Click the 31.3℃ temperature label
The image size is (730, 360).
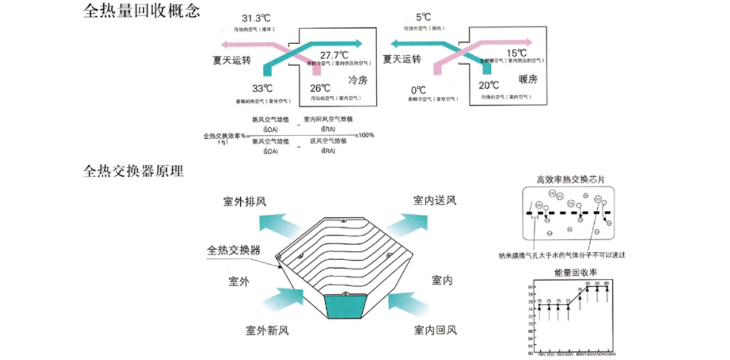tap(256, 19)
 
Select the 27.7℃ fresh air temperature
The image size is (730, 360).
tap(332, 55)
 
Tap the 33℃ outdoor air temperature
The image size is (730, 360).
tap(262, 89)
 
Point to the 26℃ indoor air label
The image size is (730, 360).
tap(320, 88)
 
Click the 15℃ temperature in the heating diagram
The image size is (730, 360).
tap(516, 53)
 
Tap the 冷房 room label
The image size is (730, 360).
tap(357, 80)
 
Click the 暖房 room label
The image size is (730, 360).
tap(527, 79)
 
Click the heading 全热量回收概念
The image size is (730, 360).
tap(142, 12)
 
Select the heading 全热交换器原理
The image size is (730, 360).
tap(133, 171)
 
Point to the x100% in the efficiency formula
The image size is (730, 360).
tap(364, 135)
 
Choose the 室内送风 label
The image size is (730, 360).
tap(435, 200)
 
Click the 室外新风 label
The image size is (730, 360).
tap(266, 331)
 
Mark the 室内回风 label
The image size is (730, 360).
tap(435, 330)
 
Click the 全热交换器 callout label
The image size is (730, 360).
tap(234, 251)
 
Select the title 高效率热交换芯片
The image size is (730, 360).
tap(570, 179)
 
